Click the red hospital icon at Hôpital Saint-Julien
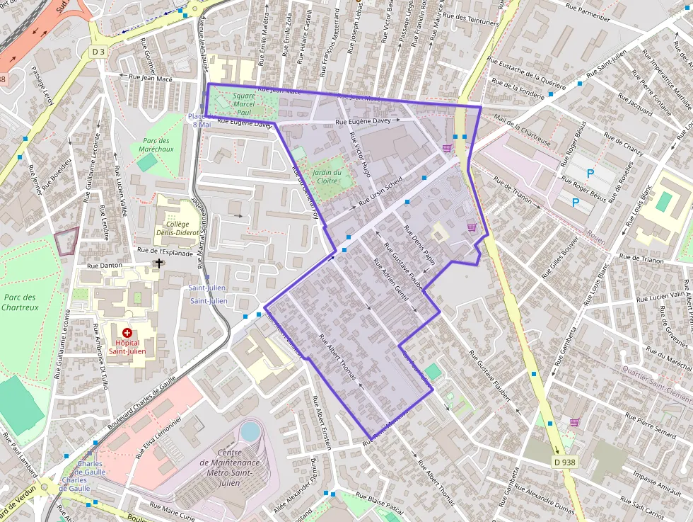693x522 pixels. pyautogui.click(x=127, y=332)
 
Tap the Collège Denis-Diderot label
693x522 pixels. pyautogui.click(x=173, y=229)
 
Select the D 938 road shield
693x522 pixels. pyautogui.click(x=564, y=461)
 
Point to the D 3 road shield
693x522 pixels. pyautogui.click(x=98, y=52)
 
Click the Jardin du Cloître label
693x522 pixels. pyautogui.click(x=327, y=176)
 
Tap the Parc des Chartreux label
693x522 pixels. pyautogui.click(x=19, y=302)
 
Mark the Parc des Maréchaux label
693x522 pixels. pyautogui.click(x=156, y=145)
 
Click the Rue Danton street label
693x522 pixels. pyautogui.click(x=104, y=265)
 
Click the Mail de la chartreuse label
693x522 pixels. pyautogui.click(x=523, y=130)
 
